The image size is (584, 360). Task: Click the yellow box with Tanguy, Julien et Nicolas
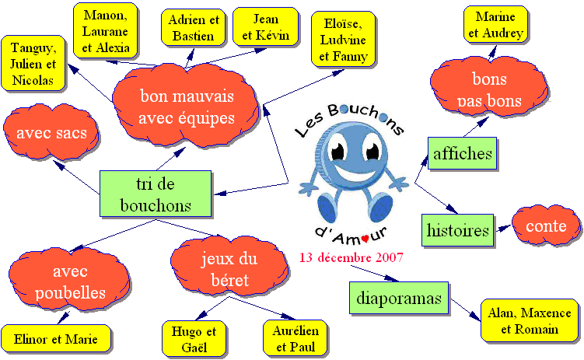(x=33, y=63)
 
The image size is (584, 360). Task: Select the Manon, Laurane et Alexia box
(x=106, y=31)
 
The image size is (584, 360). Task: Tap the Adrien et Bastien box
(x=194, y=28)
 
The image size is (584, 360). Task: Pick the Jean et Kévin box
(x=266, y=26)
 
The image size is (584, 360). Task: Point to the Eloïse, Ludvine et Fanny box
(x=344, y=40)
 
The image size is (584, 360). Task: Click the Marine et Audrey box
(x=495, y=25)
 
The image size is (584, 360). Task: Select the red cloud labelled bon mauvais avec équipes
(x=186, y=106)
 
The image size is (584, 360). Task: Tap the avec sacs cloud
(x=51, y=132)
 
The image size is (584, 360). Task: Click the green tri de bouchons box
(x=156, y=194)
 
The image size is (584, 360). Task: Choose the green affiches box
(x=463, y=154)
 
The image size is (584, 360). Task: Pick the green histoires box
(x=458, y=230)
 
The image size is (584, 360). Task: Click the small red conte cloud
(x=546, y=225)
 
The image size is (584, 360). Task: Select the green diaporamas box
(x=399, y=299)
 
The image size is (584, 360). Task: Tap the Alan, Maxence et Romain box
(x=530, y=320)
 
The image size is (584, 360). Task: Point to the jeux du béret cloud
(x=229, y=269)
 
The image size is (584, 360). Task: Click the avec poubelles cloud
(x=70, y=281)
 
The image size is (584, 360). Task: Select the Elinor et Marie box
(x=56, y=339)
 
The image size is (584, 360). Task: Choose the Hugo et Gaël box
(x=194, y=339)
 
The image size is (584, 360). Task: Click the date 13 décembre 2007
(x=351, y=257)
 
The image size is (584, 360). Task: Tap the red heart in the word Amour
(x=365, y=238)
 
